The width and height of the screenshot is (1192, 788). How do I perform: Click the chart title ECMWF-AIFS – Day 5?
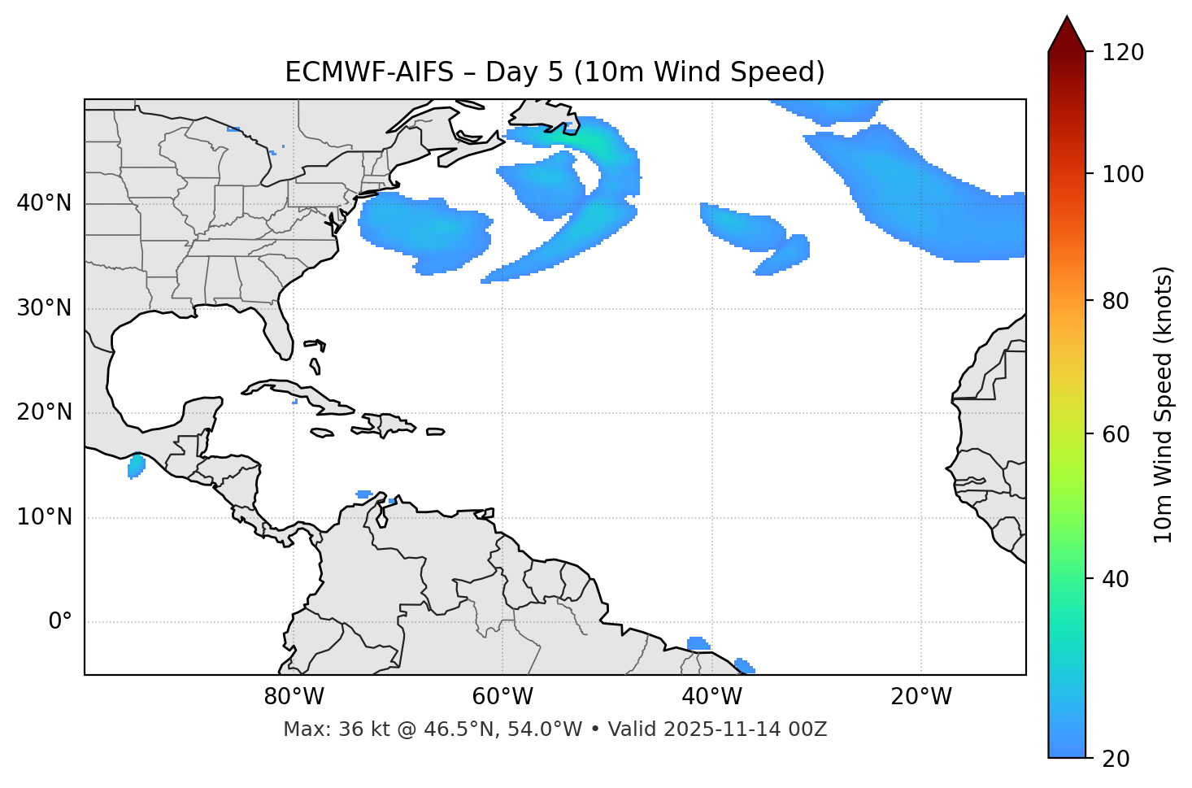click(554, 72)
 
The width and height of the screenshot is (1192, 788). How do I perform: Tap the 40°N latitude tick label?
click(44, 203)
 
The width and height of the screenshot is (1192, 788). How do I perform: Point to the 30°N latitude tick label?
click(44, 308)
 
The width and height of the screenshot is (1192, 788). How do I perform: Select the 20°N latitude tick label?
click(44, 412)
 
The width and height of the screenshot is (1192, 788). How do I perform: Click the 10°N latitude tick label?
click(44, 517)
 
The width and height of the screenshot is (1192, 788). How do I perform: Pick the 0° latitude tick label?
click(59, 622)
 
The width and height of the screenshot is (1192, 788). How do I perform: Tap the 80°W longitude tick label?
click(294, 697)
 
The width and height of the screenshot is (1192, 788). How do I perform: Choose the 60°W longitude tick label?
click(502, 697)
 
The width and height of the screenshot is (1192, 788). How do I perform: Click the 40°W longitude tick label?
click(711, 697)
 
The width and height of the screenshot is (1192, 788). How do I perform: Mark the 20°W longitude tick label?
click(920, 697)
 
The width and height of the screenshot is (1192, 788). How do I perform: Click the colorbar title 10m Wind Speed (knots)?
click(1164, 404)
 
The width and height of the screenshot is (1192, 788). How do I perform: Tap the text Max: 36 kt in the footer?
click(322, 729)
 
